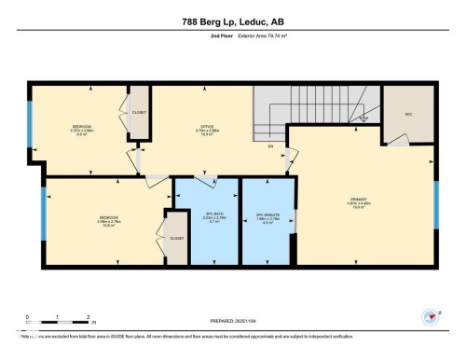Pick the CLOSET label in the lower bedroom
tap(177, 238)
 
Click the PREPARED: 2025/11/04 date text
tap(233, 322)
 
